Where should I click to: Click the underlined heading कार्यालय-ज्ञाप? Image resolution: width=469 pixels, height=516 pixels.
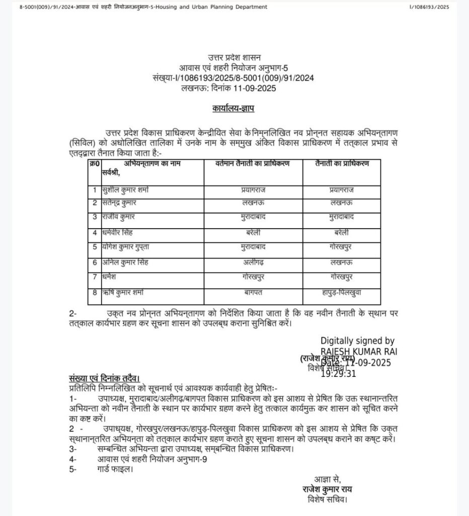point(233,108)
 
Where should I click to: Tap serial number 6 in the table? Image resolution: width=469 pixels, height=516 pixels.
point(94,262)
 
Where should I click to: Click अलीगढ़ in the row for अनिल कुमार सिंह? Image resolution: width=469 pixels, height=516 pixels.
point(253,262)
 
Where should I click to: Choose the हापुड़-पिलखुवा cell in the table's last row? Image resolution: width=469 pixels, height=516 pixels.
point(341,291)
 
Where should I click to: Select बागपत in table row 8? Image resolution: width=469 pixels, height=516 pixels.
point(253,291)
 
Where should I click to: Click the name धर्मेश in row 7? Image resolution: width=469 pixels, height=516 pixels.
point(113,276)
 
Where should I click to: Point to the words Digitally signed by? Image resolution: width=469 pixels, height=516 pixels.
point(358,341)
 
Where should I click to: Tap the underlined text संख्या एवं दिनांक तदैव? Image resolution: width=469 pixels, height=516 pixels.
point(104,378)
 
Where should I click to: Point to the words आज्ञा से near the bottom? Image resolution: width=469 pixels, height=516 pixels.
point(328,479)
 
